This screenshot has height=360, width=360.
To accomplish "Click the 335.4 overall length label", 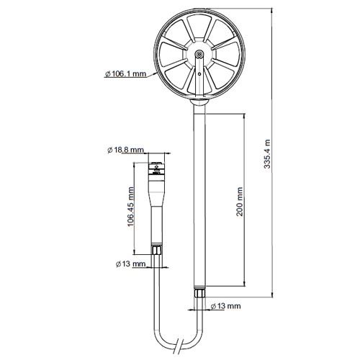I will [x=269, y=155].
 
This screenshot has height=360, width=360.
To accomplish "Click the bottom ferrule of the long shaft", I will [x=199, y=292].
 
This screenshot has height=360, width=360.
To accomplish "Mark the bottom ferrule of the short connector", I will [x=155, y=250].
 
